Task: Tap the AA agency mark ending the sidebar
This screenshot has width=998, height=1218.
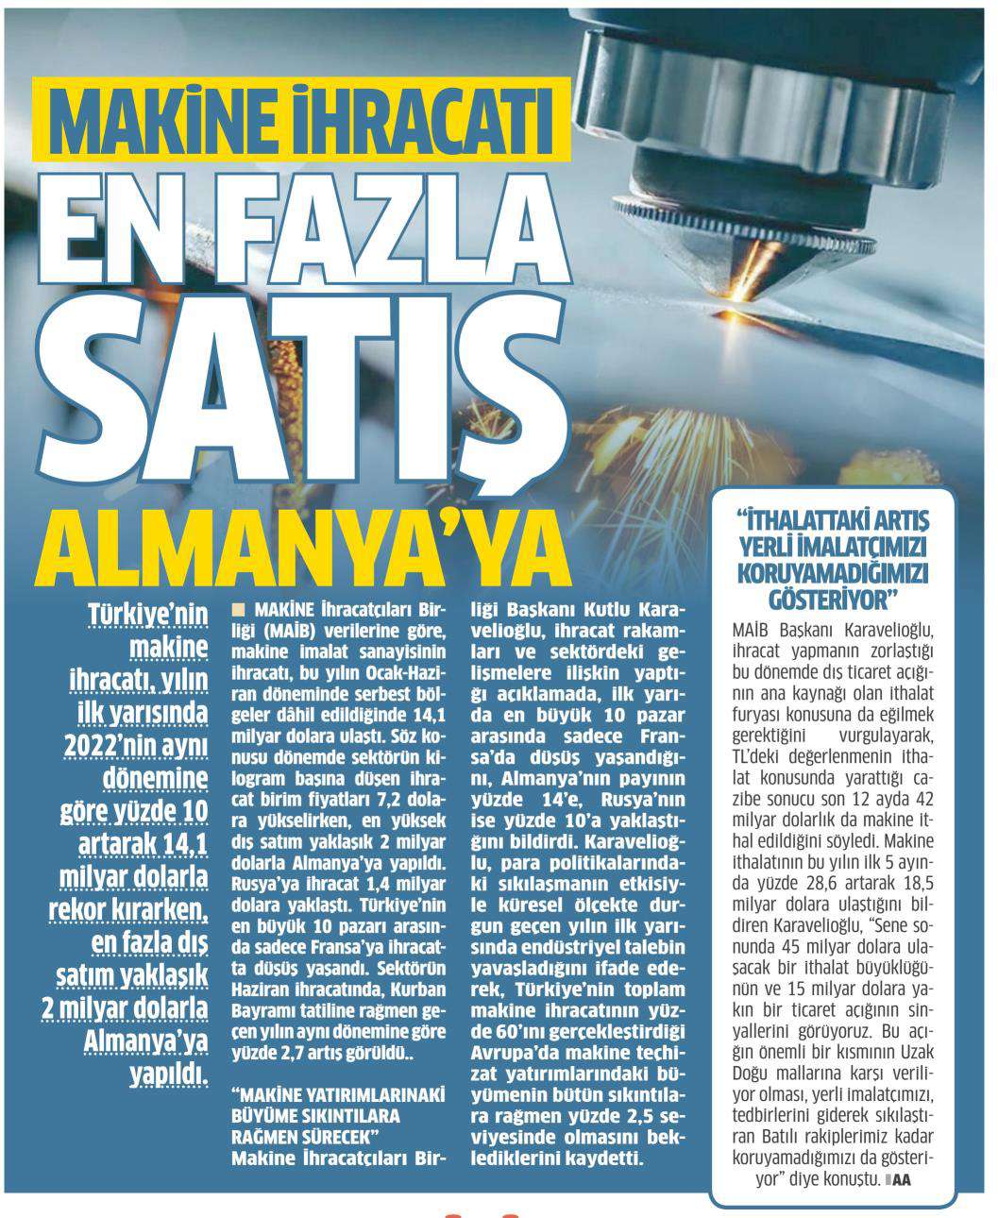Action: click(901, 1180)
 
